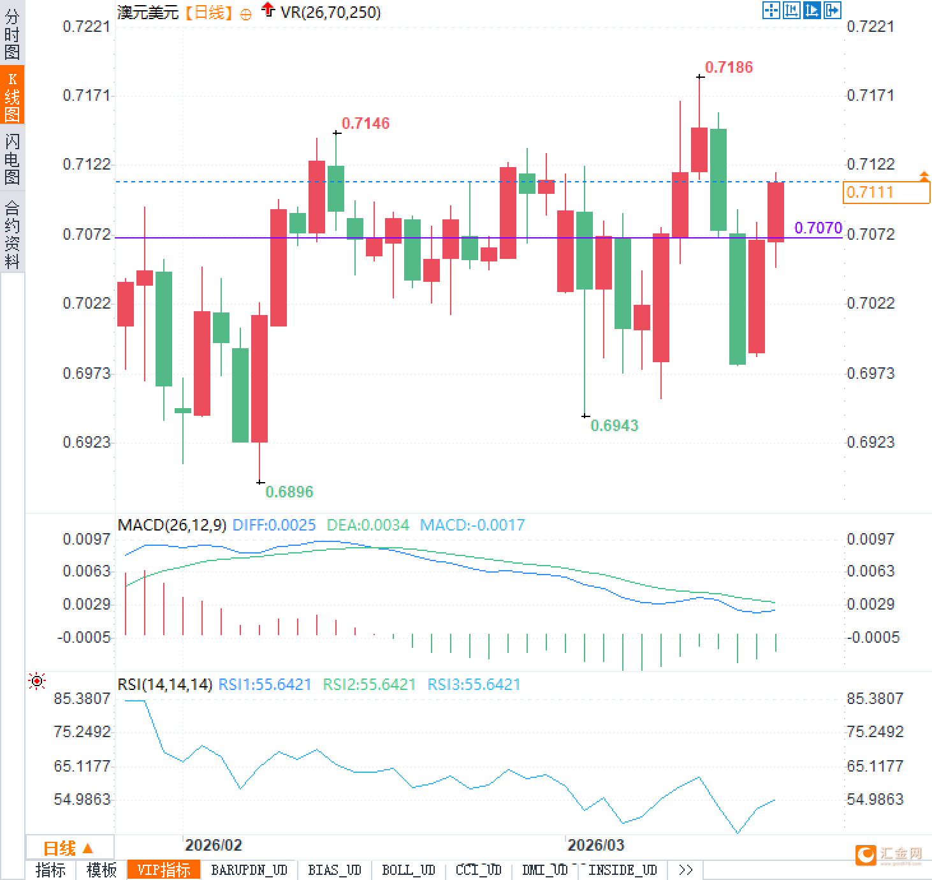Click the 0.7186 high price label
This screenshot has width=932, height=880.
729,67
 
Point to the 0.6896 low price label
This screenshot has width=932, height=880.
289,492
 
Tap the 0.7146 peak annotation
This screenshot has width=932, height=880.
365,123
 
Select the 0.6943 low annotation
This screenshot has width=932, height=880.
614,425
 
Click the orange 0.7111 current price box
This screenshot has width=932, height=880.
885,192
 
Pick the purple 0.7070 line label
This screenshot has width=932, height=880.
818,228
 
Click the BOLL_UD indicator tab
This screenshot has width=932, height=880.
408,870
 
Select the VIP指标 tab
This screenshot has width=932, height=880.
164,870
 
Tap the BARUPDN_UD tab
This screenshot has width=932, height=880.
249,870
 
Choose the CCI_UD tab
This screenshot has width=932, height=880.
478,870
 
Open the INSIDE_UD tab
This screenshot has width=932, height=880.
622,870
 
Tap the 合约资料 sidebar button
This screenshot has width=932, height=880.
12,234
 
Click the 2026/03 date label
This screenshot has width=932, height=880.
595,845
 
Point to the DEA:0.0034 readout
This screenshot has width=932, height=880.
368,525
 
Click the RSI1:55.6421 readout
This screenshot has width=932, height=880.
265,684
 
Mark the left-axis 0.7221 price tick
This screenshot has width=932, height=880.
86,26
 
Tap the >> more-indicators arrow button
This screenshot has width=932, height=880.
685,870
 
